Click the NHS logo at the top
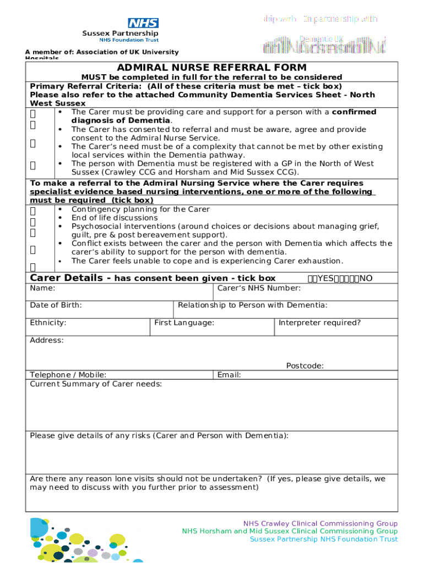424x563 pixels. pos(143,23)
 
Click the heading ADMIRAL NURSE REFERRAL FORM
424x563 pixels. pos(211,68)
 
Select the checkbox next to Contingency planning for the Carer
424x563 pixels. pos(33,211)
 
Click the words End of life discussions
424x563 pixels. pos(115,218)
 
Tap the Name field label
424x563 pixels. pos(42,288)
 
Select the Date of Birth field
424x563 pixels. pos(99,310)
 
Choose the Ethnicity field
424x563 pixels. pos(88,327)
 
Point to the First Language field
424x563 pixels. pos(212,327)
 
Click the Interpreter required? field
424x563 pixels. pos(336,327)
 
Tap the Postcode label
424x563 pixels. pos(305,366)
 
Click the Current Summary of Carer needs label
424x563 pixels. pos(96,384)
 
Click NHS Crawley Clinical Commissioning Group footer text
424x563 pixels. pos(320,523)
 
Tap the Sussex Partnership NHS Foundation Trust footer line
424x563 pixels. pos(324,539)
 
